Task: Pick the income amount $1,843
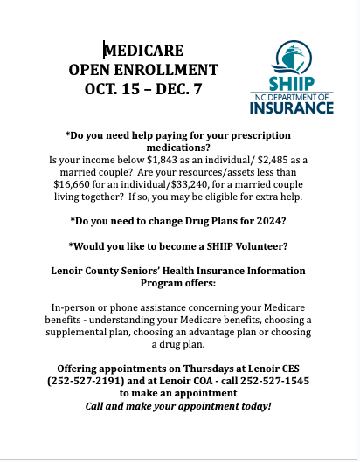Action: click(x=144, y=162)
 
